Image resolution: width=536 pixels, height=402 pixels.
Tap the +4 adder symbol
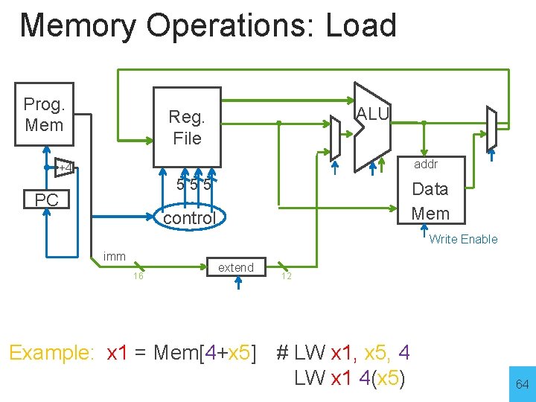pos(64,167)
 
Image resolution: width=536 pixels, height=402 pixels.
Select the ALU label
pos(373,114)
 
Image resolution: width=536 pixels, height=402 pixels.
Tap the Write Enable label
pos(463,239)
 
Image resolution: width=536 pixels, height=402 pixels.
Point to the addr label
pos(426,164)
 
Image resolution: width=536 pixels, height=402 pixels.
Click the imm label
pos(114,256)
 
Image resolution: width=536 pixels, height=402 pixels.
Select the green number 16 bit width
pos(138,276)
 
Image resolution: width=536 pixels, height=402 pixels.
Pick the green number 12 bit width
pos(287,276)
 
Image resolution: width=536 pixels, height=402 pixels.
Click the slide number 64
pos(523,384)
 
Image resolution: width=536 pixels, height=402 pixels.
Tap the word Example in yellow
pos(51,352)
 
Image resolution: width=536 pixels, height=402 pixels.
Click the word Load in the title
pos(361,25)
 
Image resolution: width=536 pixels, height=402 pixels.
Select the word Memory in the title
pos(78,26)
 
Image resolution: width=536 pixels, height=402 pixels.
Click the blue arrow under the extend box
pos(238,283)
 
